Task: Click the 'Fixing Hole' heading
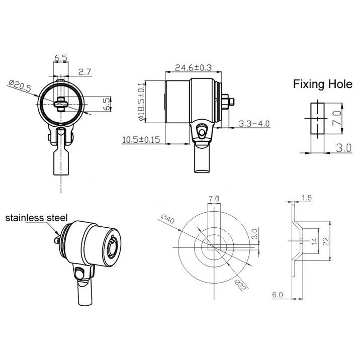tap(323, 84)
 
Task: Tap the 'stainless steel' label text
tap(36, 218)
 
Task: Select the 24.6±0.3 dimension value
tap(193, 67)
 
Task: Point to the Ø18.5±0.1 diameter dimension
tap(141, 101)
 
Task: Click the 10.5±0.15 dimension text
tap(141, 140)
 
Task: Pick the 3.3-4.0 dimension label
tap(254, 124)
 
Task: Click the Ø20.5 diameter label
tap(20, 85)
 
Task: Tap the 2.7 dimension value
tap(84, 72)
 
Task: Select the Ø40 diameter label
tap(168, 219)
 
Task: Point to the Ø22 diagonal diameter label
tap(241, 285)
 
